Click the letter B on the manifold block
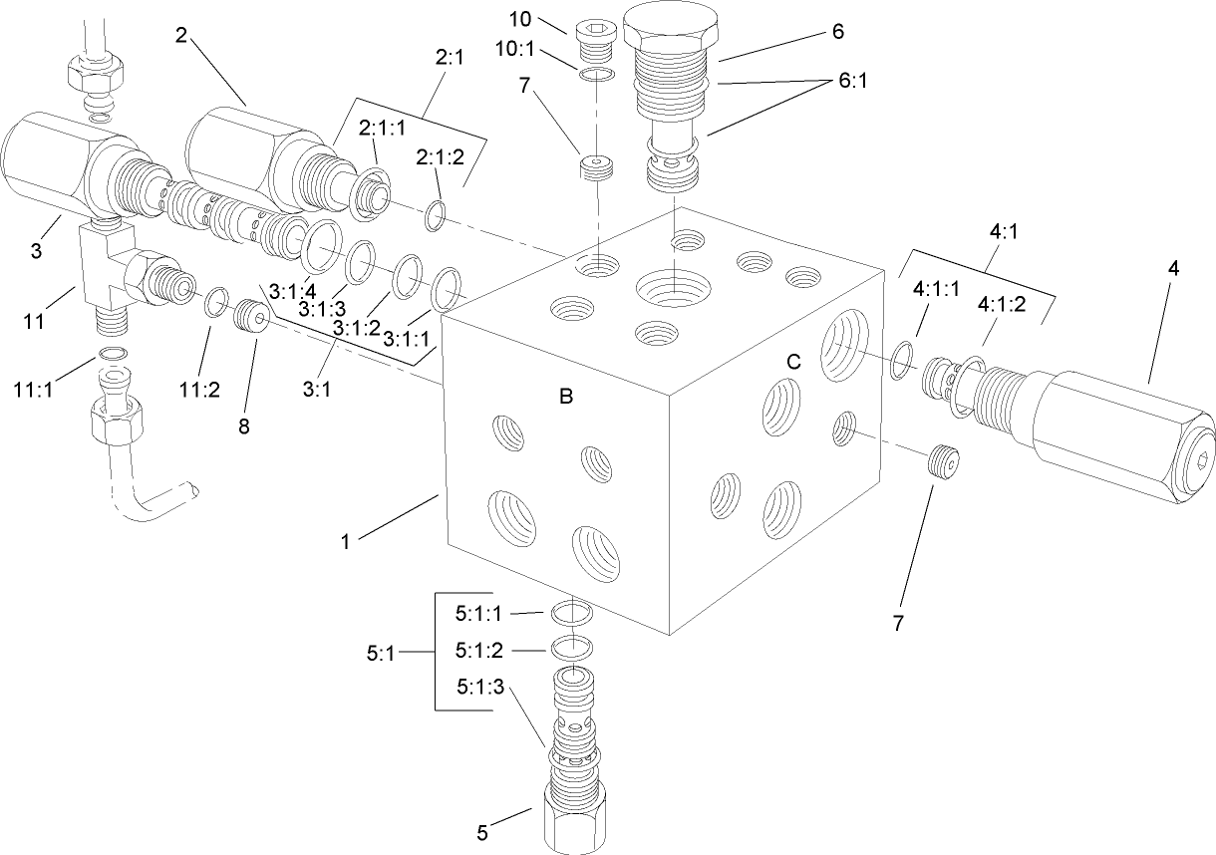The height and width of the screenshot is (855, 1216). coord(565,397)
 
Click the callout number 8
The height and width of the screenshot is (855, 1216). coord(243,427)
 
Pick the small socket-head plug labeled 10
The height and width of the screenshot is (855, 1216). coord(595,28)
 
